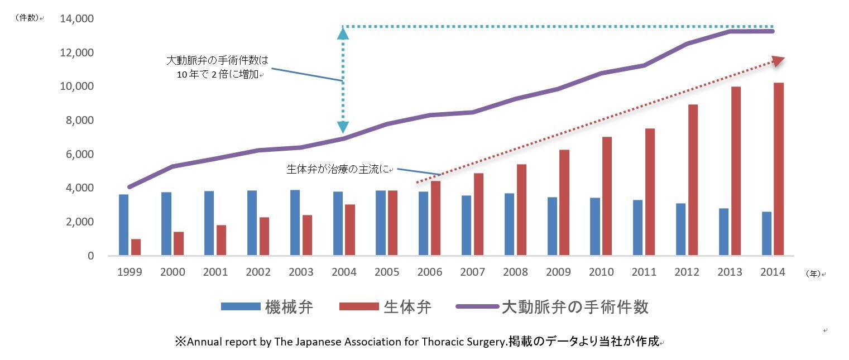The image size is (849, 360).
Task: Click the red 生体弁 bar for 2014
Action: [x=778, y=169]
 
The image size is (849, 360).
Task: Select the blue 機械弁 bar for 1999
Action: [x=123, y=225]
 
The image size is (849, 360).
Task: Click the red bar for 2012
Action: [x=693, y=180]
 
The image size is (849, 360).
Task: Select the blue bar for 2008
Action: [x=510, y=224]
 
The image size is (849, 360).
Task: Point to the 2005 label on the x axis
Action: [x=387, y=272]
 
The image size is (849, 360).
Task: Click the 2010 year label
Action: [x=601, y=272]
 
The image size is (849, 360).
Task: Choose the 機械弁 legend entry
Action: [x=267, y=307]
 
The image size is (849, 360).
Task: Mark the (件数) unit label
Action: [x=28, y=18]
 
